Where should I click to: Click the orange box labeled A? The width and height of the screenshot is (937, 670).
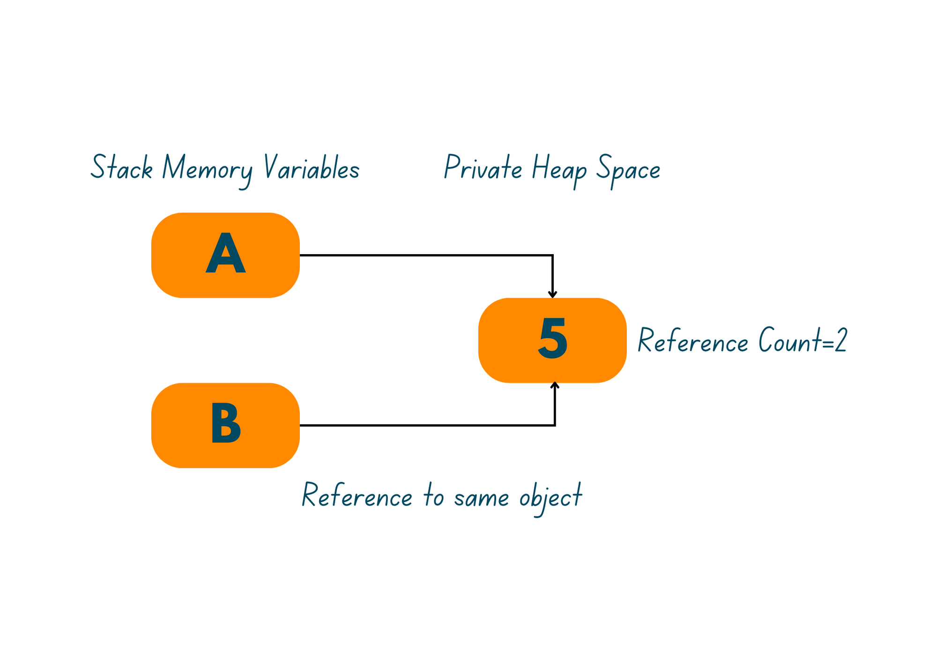point(225,255)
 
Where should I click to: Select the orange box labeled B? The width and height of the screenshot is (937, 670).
point(225,425)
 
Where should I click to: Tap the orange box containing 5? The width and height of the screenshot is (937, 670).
point(552,340)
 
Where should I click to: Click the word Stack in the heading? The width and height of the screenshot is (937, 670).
point(122,168)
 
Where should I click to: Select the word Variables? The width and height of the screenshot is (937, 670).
point(311,168)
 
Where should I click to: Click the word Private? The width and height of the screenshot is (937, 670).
point(483,168)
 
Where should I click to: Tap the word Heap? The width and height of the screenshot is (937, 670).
point(558,170)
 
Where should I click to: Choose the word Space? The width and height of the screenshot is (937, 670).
point(628,170)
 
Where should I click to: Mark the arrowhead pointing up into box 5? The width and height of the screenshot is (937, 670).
point(555,385)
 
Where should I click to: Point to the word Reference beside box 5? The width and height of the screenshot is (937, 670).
point(693,341)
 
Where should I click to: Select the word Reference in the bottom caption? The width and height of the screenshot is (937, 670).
point(357,496)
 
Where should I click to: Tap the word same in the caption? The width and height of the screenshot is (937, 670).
point(481,497)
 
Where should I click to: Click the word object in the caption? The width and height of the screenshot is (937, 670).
point(550,498)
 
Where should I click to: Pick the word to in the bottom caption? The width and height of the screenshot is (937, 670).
point(433,497)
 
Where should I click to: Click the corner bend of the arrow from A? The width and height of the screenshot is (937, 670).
point(553,256)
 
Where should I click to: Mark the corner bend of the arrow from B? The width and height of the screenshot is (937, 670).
point(555,425)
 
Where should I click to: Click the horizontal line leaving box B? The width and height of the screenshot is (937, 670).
point(422,425)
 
